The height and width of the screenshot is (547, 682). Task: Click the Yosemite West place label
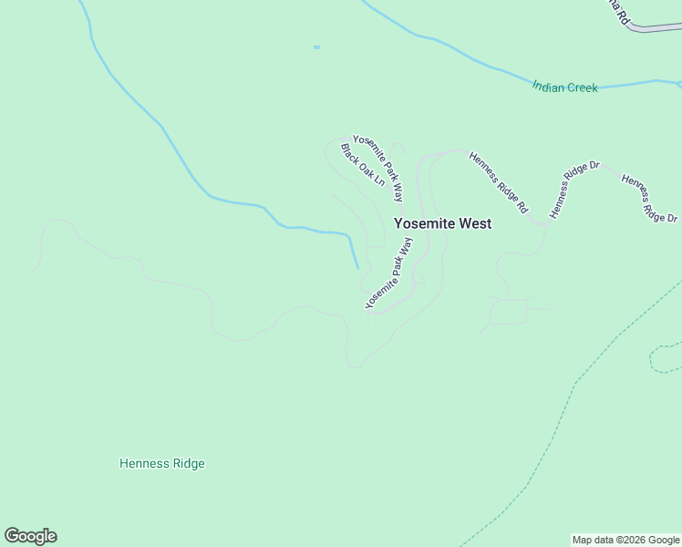click(x=442, y=223)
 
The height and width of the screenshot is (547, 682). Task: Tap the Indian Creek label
click(x=564, y=88)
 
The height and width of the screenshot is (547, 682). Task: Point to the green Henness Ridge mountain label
click(x=162, y=463)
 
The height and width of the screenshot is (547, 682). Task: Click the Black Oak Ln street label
click(x=362, y=164)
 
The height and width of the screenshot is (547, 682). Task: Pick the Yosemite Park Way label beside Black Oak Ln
click(x=378, y=168)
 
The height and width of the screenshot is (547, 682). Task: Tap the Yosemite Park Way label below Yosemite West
click(x=389, y=272)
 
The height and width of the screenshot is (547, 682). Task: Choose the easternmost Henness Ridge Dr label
click(x=649, y=198)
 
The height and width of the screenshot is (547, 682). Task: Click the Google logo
click(x=30, y=536)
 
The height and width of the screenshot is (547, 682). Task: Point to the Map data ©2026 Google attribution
click(x=626, y=540)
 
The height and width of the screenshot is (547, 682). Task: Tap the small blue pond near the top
click(x=316, y=46)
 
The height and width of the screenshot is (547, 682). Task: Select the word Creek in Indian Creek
click(x=582, y=88)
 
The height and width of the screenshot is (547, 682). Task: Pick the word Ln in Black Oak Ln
click(x=377, y=180)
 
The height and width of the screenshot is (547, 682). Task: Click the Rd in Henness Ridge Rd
click(x=522, y=206)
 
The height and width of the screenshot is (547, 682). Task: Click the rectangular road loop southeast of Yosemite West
click(x=510, y=312)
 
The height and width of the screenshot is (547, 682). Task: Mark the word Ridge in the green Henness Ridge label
click(x=186, y=463)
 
